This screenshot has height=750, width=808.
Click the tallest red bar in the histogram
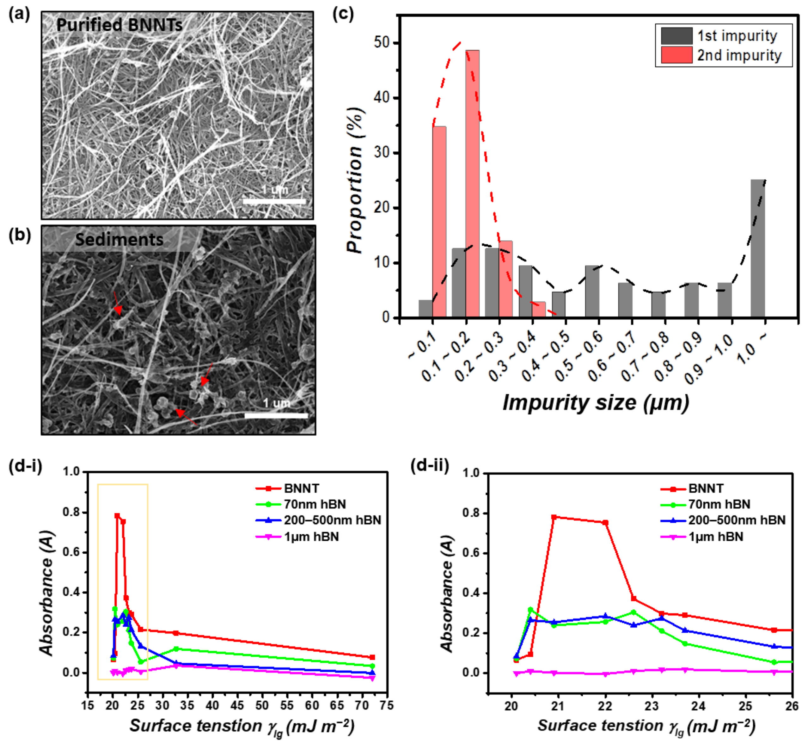pos(472,183)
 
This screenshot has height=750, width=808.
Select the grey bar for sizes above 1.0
pos(757,249)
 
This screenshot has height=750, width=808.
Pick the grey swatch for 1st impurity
pos(676,36)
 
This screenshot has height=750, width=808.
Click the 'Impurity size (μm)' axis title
pos(596,403)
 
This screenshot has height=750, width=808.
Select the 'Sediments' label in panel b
pos(119,239)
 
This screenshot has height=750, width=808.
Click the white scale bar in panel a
pos(274,201)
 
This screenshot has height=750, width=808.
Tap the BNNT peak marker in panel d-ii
pos(554,517)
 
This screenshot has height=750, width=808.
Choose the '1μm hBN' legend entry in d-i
pos(311,537)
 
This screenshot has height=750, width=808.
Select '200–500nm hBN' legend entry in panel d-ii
pos(737,520)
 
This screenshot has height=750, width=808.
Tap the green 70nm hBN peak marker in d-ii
pos(530,610)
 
